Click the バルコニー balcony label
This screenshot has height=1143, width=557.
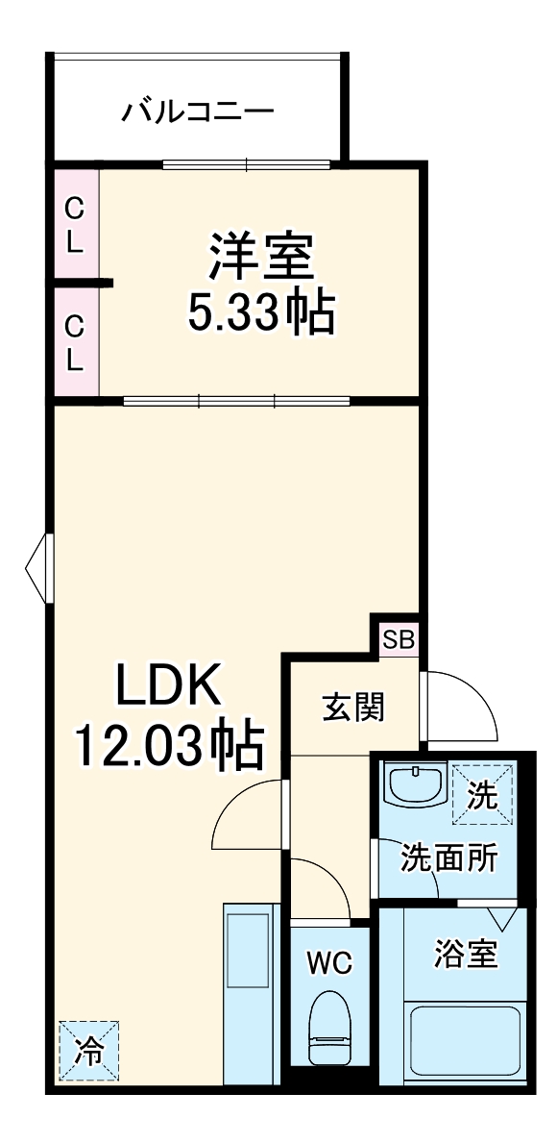click(x=197, y=112)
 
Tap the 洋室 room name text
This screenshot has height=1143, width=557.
click(x=259, y=255)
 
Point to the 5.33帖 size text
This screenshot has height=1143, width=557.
click(x=261, y=312)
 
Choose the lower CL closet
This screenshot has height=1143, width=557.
click(x=75, y=343)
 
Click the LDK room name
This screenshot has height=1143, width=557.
click(x=170, y=685)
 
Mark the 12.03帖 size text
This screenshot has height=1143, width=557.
click(x=169, y=745)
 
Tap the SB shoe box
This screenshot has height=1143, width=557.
click(x=398, y=637)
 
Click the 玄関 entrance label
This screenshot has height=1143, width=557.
click(x=352, y=708)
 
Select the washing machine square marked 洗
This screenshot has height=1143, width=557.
click(x=482, y=794)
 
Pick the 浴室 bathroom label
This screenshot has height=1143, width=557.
click(x=466, y=955)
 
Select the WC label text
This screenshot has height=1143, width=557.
click(x=328, y=961)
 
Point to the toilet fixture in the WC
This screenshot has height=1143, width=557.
click(x=329, y=1028)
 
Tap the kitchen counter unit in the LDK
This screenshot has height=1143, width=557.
click(x=252, y=995)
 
